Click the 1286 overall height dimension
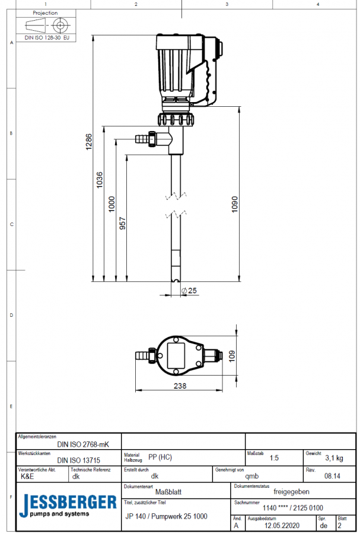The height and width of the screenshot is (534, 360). click(x=88, y=142)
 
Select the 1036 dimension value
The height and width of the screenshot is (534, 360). click(x=100, y=180)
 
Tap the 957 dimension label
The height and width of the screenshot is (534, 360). click(x=123, y=224)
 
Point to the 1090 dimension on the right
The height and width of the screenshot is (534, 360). click(x=234, y=204)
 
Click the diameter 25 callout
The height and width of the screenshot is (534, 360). click(x=189, y=291)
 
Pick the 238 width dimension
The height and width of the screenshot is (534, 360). click(x=180, y=386)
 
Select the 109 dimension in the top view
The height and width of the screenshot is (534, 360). click(x=232, y=356)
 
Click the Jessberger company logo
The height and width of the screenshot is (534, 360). click(x=68, y=506)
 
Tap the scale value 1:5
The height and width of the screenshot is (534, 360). click(x=274, y=458)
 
